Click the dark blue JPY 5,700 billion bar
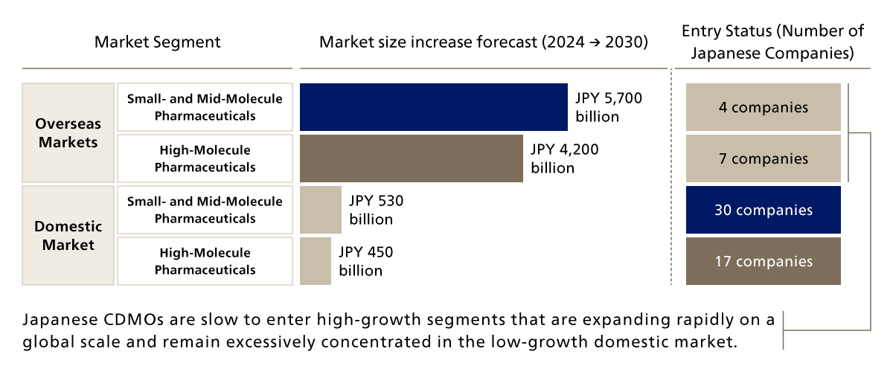pyautogui.click(x=433, y=107)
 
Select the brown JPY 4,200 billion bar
pyautogui.click(x=411, y=158)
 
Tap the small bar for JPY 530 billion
pyautogui.click(x=320, y=210)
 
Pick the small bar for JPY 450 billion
pyautogui.click(x=315, y=261)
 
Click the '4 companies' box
pyautogui.click(x=763, y=107)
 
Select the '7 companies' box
pyautogui.click(x=763, y=158)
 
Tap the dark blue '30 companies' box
pyautogui.click(x=763, y=210)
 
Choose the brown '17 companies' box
pyautogui.click(x=763, y=261)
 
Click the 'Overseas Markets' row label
pyautogui.click(x=68, y=132)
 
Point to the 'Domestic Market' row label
pyautogui.click(x=68, y=235)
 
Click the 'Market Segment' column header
pyautogui.click(x=157, y=42)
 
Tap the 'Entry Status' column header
pyautogui.click(x=772, y=42)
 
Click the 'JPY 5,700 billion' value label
pyautogui.click(x=608, y=107)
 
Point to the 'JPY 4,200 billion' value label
pyautogui.click(x=564, y=158)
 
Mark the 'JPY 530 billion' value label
pyautogui.click(x=376, y=210)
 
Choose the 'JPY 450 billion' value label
pyautogui.click(x=365, y=261)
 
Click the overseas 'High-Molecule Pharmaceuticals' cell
pyautogui.click(x=205, y=158)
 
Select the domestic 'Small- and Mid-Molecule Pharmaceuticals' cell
pyautogui.click(x=205, y=210)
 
